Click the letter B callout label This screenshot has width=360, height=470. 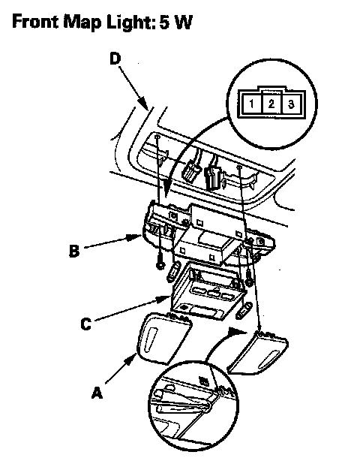[74, 251]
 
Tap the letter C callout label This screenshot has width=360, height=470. [86, 324]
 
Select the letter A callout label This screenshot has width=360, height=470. [97, 393]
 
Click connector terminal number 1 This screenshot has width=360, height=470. [251, 104]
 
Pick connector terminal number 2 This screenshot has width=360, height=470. [271, 104]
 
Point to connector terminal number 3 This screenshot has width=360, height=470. [291, 104]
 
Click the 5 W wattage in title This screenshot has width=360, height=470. [175, 22]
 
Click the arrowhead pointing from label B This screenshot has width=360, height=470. [135, 238]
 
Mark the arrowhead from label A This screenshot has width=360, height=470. [131, 358]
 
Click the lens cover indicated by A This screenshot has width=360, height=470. [163, 337]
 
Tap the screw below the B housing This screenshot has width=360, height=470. [160, 264]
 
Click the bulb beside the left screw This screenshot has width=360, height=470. [174, 271]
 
